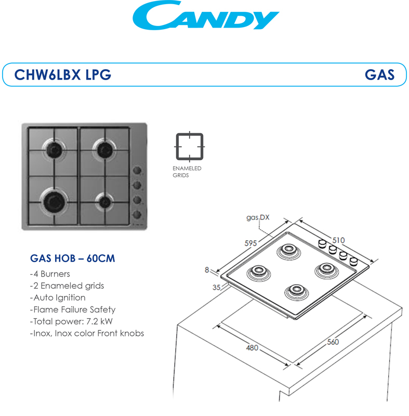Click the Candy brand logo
pos(206,16)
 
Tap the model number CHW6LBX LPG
pos(62,75)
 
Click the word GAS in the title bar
pos(379,75)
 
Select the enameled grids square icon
pos(190,147)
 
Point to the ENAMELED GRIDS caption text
pos(187,172)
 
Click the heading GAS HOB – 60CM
pos(73,258)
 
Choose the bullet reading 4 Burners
pos(50,274)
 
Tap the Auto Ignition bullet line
pos(58,297)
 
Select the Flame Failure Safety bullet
pos(73,309)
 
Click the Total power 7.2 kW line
pos(71,321)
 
